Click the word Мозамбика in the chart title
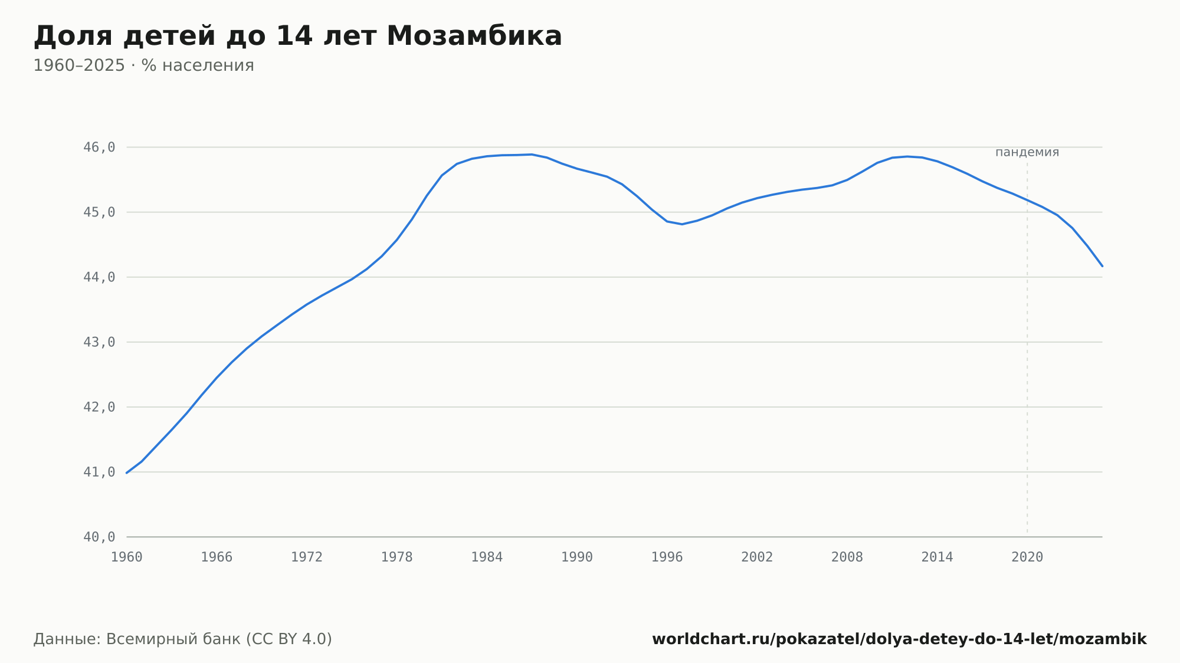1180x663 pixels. (x=474, y=36)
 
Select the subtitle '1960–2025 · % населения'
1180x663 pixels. (x=143, y=65)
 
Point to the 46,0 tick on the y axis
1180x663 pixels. (x=99, y=147)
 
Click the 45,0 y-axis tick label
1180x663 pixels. (x=99, y=212)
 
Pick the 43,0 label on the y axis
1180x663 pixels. (x=99, y=342)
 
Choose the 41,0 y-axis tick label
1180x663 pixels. (x=99, y=472)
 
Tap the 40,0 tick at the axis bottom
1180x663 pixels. (x=99, y=537)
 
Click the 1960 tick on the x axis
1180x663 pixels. (x=127, y=557)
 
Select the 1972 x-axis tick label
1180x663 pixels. (x=307, y=557)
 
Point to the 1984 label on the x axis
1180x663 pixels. (x=487, y=557)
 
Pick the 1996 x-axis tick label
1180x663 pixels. (x=667, y=557)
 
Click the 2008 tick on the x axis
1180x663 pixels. (x=847, y=557)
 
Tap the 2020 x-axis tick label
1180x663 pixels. (x=1027, y=557)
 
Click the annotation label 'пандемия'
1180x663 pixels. (x=1027, y=152)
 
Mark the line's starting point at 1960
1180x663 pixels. (x=127, y=473)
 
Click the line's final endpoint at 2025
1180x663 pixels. (x=1102, y=266)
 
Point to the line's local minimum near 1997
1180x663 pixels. (x=682, y=224)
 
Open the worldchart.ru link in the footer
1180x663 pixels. (x=899, y=639)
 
